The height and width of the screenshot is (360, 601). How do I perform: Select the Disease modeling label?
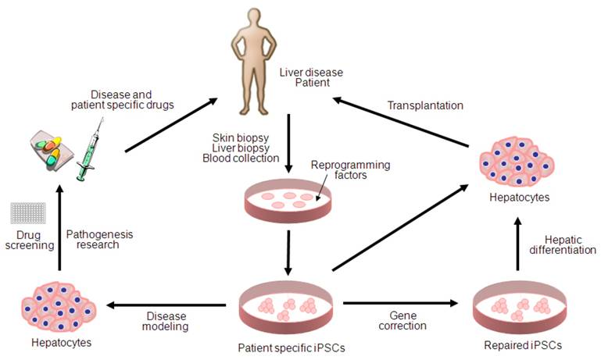coord(168,321)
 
